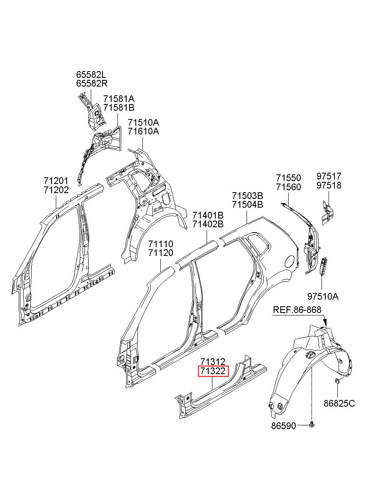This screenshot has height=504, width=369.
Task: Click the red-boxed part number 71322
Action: [x=214, y=371]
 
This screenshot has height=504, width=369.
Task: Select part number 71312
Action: [x=213, y=362]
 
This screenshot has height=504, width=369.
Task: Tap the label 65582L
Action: [x=92, y=75]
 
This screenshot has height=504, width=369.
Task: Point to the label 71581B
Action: [x=119, y=108]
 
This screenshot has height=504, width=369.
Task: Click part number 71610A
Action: [x=143, y=132]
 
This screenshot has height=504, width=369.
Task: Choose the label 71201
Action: [x=55, y=181]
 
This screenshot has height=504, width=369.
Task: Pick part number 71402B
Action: [x=208, y=224]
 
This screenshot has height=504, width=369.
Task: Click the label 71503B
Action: [x=247, y=196]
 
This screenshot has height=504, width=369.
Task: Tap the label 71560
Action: [x=288, y=187]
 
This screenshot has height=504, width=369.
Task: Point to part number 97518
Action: [x=329, y=186]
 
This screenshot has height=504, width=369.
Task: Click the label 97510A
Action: [x=323, y=297]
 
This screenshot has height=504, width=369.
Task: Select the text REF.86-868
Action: [x=297, y=310]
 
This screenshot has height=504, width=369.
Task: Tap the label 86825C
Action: [x=339, y=403]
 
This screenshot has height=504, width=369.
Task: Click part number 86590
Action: [x=283, y=426]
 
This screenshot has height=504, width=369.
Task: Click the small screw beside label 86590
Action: [x=312, y=424]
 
